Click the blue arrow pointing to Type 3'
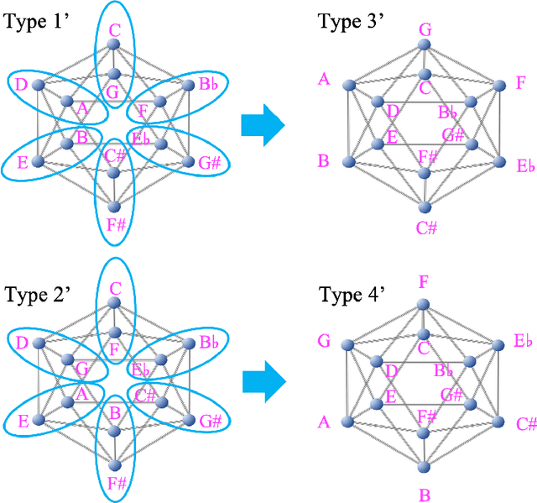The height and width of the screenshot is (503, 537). point(263,124)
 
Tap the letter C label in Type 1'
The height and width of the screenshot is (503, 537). point(115,31)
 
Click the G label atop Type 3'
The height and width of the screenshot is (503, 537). point(425,31)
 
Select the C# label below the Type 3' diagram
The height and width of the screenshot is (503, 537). point(425,228)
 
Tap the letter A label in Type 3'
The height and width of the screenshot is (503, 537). point(324,80)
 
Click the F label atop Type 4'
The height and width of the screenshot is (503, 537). point(424,282)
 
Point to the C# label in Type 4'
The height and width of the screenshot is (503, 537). point(526,424)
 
